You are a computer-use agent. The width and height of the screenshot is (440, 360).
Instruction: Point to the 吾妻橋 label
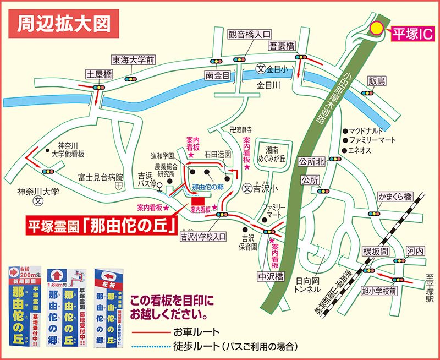282,45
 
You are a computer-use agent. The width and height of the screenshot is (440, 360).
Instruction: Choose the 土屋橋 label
99,73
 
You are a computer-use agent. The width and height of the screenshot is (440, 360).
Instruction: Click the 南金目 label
217,75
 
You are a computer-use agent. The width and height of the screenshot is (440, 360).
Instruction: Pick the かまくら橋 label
394,197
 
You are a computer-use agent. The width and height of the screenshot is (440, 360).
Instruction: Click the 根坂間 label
376,250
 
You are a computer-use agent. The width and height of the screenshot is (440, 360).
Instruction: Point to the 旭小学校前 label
378,291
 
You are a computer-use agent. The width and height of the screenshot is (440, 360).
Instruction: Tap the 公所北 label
312,161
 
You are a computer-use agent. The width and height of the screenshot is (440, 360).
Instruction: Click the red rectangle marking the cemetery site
197,200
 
